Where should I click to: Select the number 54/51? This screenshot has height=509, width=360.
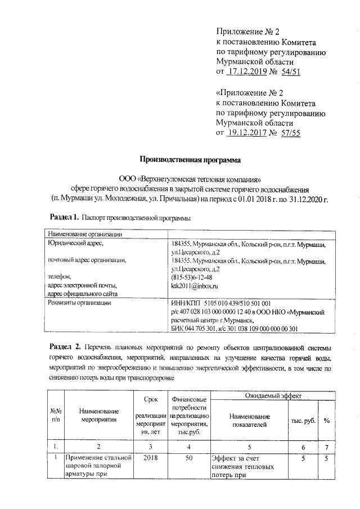290,72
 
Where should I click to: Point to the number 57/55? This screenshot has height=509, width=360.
290,133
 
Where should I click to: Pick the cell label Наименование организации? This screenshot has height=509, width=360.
84,235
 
